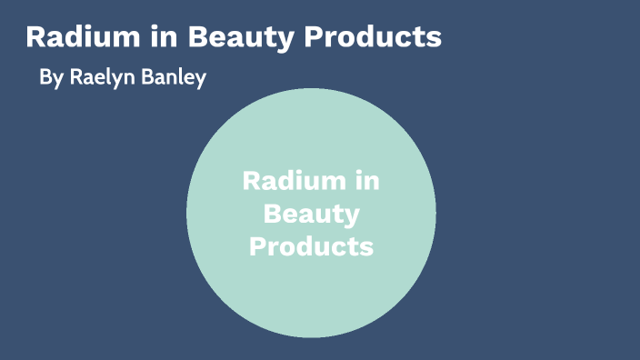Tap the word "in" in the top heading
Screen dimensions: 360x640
tap(159, 38)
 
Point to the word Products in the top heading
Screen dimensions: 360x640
tap(372, 38)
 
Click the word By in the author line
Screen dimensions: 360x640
tap(50, 78)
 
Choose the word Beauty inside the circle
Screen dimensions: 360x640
tap(312, 215)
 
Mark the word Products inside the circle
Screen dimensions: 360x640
tap(312, 245)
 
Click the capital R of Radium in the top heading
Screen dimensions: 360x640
tap(35, 38)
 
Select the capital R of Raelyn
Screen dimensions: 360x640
tap(75, 78)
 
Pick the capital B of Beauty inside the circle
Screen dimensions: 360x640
tap(271, 214)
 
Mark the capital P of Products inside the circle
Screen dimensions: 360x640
tap(257, 245)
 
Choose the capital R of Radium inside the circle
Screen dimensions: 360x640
tap(251, 181)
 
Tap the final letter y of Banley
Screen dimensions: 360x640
tap(201, 80)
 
